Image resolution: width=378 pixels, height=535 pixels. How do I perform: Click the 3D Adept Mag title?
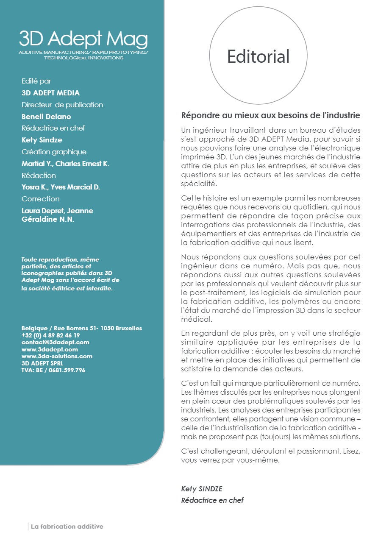[x=83, y=39]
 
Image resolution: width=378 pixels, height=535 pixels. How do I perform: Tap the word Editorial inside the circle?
[x=258, y=56]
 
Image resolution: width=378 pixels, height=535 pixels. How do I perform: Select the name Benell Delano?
[x=46, y=117]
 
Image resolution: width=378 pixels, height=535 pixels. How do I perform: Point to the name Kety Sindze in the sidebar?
[x=42, y=140]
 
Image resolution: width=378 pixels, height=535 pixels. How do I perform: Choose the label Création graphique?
[x=54, y=152]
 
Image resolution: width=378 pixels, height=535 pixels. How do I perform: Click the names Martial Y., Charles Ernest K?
[x=65, y=164]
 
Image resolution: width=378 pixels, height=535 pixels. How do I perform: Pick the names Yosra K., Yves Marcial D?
[x=61, y=187]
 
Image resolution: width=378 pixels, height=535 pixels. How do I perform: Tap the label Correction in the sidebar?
[x=40, y=199]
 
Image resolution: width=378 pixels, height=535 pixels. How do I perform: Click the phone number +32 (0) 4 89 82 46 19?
[x=50, y=335]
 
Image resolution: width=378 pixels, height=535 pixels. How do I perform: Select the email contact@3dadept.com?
[x=55, y=342]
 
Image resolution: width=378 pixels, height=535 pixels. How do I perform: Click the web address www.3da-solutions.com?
[x=57, y=356]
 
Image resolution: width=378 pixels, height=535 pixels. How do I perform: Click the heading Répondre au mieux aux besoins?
[x=270, y=115]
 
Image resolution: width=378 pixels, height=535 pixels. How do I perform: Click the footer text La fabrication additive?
[x=67, y=527]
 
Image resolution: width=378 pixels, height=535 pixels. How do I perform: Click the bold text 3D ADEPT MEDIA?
[x=50, y=93]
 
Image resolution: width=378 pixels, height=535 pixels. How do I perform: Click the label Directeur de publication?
[x=62, y=105]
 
